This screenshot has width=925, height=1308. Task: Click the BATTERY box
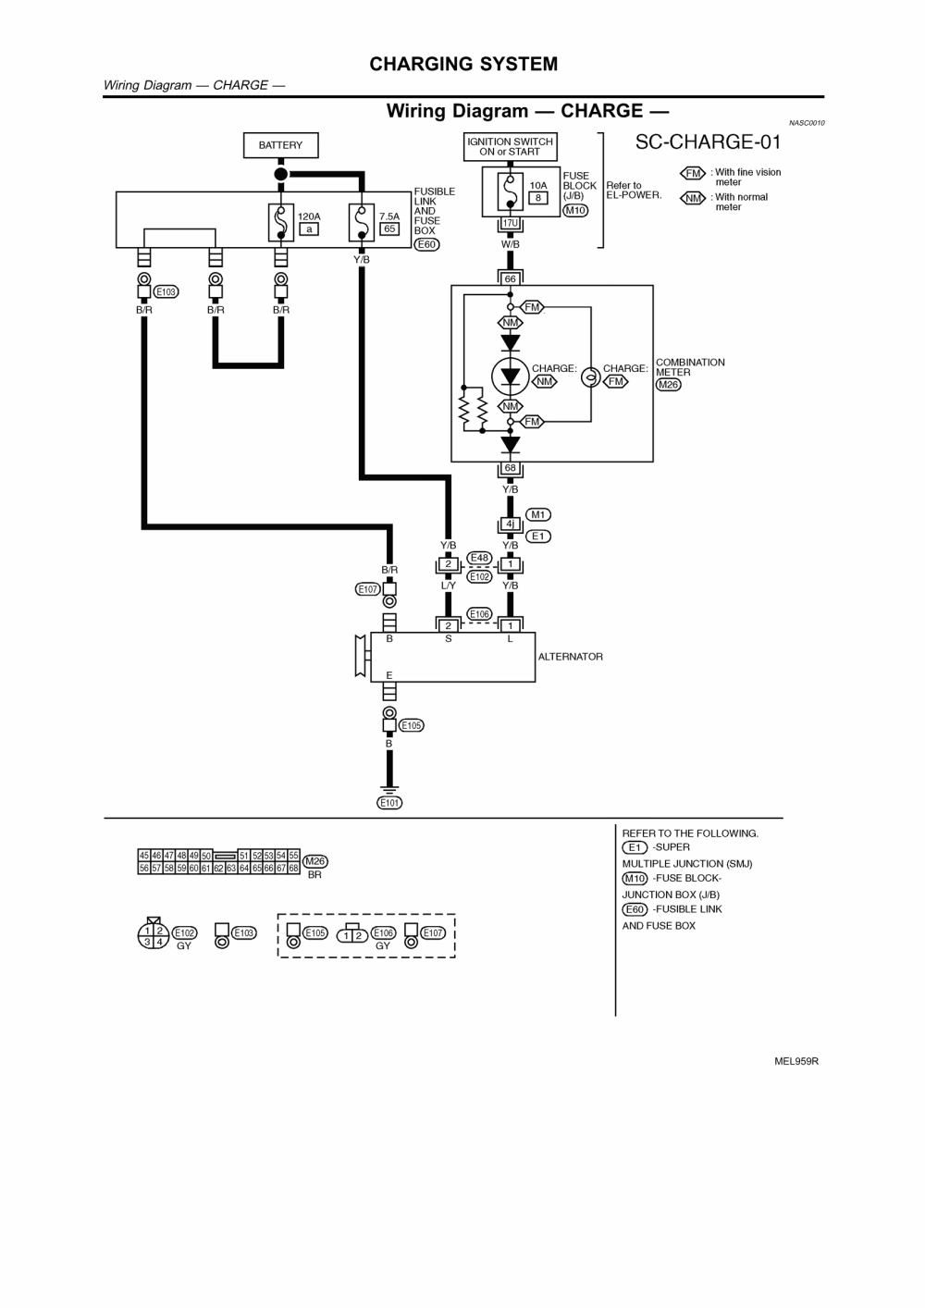[x=280, y=145]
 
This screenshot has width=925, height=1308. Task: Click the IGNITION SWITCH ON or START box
[x=510, y=147]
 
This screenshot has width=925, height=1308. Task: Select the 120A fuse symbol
[x=280, y=222]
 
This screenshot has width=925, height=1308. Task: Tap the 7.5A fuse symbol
[x=361, y=222]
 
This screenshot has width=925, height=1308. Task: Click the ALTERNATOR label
[x=571, y=657]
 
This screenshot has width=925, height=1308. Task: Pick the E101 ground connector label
[x=389, y=803]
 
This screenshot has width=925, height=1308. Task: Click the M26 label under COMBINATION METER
[x=668, y=385]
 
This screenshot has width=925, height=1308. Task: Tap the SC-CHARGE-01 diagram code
[x=708, y=142]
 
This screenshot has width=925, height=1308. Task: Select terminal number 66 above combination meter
[x=510, y=278]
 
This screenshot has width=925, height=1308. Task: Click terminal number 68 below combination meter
[x=510, y=468]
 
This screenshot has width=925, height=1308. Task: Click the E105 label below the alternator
[x=412, y=725]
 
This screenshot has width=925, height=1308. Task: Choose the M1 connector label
[x=537, y=514]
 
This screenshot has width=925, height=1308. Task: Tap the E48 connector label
[x=479, y=558]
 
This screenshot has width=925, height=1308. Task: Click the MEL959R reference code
[x=796, y=1061]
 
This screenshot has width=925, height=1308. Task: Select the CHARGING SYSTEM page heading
[x=463, y=64]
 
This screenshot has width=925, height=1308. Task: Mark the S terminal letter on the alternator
[x=449, y=639]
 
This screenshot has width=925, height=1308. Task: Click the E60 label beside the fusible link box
[x=426, y=244]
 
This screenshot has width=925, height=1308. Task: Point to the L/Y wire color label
[x=448, y=586]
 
